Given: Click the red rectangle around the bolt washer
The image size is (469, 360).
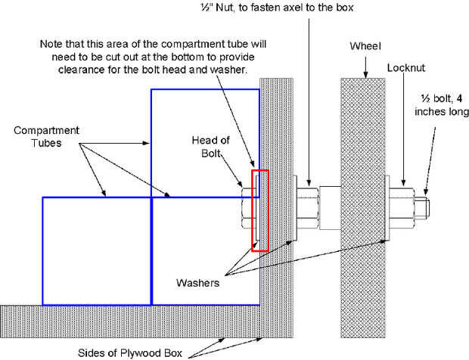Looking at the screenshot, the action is (x=252, y=210).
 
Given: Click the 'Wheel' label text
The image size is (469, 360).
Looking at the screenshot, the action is (x=365, y=46).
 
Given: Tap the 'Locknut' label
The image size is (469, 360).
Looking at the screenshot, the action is (x=406, y=68).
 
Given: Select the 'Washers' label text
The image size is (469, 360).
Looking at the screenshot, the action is (x=197, y=283).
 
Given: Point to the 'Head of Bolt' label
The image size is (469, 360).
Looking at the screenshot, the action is (x=210, y=147).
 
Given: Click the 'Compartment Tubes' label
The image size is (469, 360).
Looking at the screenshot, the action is (x=46, y=137).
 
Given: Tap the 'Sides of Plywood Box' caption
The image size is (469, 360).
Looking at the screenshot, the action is (x=130, y=353).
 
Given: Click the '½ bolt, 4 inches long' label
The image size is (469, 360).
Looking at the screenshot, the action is (x=442, y=105).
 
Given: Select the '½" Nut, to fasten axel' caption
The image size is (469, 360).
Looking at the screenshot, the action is (x=277, y=8).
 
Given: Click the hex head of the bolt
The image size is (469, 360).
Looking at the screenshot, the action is (x=247, y=208).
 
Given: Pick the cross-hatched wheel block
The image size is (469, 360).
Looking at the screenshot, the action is (x=362, y=208).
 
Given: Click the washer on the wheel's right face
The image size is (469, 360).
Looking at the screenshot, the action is (x=387, y=208).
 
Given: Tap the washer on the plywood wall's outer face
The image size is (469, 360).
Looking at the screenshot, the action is (x=294, y=208).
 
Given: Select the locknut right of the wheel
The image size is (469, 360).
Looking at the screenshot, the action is (x=402, y=208).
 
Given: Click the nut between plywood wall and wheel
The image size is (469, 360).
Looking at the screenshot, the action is (x=308, y=208).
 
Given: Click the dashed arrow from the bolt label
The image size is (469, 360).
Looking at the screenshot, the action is (x=430, y=161).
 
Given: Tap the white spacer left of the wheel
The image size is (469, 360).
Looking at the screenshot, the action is (x=330, y=208).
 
